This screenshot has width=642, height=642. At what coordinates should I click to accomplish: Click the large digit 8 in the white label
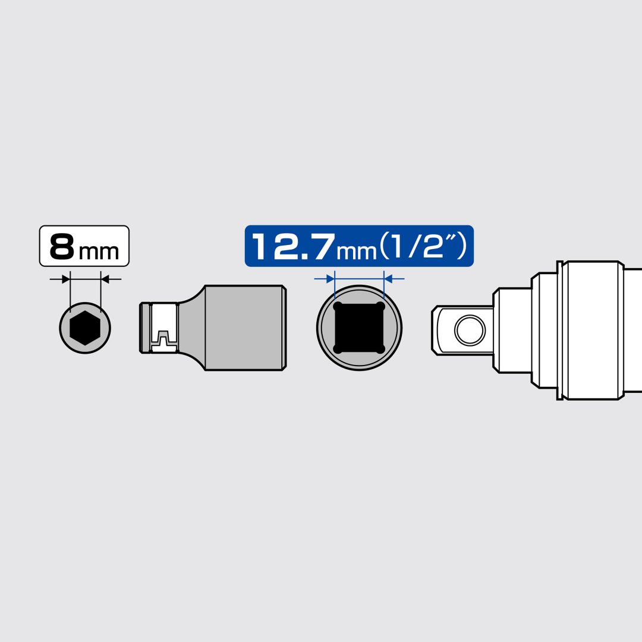tap(62, 247)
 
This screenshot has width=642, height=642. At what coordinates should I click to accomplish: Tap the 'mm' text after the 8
tap(99, 251)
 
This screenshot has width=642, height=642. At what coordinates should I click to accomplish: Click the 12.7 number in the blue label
tap(293, 247)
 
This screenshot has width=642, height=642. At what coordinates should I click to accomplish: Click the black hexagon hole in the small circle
tap(85, 328)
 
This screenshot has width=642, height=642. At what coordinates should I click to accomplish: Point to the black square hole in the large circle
tap(359, 328)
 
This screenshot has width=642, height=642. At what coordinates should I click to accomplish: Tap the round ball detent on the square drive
tap(470, 330)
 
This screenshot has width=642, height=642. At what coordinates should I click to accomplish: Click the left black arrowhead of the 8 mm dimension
tap(66, 279)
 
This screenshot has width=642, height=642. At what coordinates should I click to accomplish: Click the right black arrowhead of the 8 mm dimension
tap(105, 279)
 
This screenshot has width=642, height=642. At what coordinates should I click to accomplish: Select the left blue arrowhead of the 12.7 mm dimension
tap(331, 279)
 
